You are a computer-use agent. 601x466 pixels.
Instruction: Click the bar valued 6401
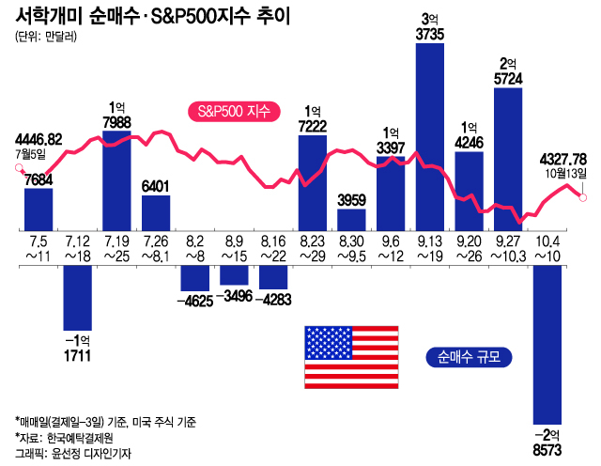click(x=156, y=212)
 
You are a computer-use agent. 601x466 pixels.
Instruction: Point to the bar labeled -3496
click(x=234, y=272)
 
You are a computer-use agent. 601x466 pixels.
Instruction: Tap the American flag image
click(x=340, y=357)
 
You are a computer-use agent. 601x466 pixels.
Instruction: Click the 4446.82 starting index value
click(x=39, y=138)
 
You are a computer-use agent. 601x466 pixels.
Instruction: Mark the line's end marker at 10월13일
click(x=583, y=196)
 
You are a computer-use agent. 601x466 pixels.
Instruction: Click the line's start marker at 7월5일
click(x=20, y=169)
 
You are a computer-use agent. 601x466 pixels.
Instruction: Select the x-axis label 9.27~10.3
click(x=508, y=248)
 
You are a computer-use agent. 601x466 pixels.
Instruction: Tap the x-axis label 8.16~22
click(x=273, y=248)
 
